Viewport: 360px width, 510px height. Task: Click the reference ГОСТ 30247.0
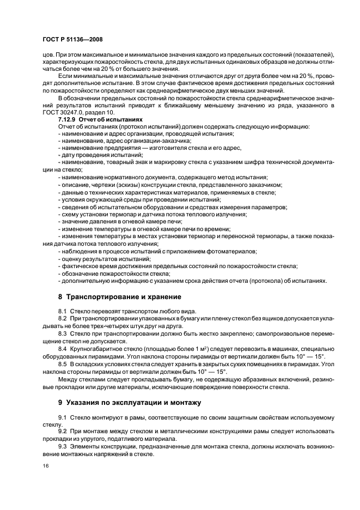tap(60, 111)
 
